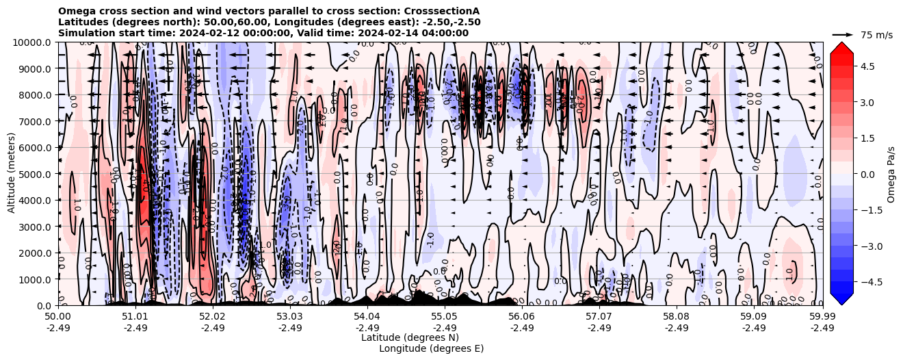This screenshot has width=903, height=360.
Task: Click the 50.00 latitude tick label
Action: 58,317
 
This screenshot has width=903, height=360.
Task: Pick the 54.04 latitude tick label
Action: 367,317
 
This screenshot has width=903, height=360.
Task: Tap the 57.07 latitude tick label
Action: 599,317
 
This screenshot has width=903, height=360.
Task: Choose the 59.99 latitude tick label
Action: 822,317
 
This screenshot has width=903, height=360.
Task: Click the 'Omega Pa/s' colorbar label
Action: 891,174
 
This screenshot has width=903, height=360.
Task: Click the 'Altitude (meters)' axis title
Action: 12,174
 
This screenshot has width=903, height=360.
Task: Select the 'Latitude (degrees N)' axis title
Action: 410,337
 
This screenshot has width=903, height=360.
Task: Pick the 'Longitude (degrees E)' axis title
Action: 431,348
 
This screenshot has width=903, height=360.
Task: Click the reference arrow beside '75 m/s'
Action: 842,34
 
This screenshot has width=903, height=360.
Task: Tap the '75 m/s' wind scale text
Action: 876,35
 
